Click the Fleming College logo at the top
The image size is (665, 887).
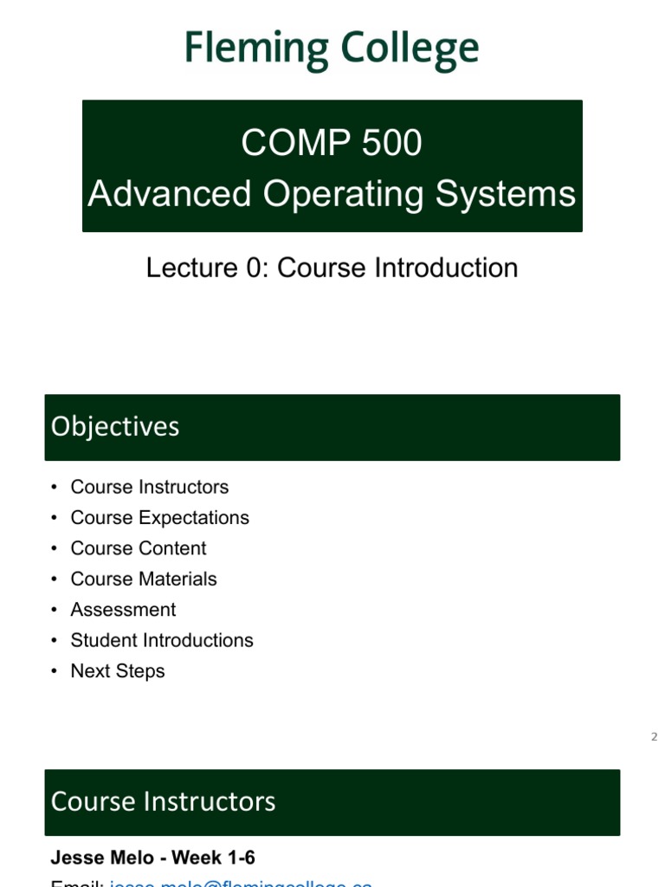[x=332, y=49]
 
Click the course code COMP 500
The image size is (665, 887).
[x=332, y=142]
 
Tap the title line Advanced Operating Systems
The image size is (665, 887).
[x=332, y=194]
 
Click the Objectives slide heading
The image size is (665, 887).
[x=115, y=426]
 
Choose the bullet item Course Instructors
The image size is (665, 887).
[x=150, y=487]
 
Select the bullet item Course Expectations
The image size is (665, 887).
[x=159, y=517]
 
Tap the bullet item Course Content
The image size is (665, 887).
[x=139, y=548]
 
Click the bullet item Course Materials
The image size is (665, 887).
[x=144, y=579]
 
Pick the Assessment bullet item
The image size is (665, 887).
[x=123, y=610]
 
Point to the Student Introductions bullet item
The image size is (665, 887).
[x=162, y=640]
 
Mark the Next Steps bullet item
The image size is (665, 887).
[x=118, y=671]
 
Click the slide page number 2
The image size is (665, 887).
[x=655, y=737]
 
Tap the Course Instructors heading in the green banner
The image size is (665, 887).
[x=163, y=801]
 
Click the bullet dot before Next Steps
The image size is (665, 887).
[x=55, y=671]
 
